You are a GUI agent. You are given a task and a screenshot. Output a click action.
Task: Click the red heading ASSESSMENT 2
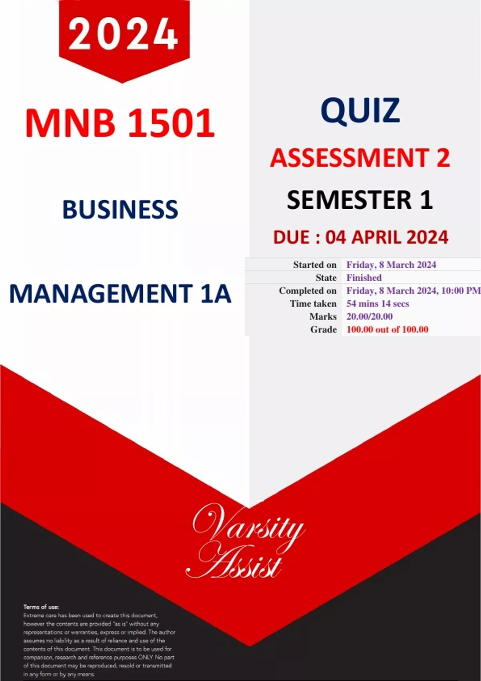pos(360,158)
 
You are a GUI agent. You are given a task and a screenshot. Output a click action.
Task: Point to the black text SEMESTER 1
pos(360,200)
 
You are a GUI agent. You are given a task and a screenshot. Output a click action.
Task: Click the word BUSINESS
pos(120,210)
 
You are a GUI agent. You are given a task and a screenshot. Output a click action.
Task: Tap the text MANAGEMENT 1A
pos(120,294)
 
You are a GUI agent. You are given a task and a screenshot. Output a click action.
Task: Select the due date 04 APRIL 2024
pos(387,237)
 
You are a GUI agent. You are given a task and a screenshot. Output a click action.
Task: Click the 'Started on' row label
pos(315,265)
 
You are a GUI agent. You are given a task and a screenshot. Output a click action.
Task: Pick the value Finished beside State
pos(364,278)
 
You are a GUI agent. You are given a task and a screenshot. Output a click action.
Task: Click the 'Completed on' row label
pos(308,291)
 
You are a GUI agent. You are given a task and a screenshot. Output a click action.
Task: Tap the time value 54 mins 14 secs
pos(378,303)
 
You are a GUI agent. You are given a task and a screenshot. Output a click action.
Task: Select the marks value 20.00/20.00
pos(369,316)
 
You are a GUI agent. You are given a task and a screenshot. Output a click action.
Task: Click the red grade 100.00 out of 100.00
pos(387,329)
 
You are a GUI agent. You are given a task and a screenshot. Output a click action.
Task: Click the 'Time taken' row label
pos(313,303)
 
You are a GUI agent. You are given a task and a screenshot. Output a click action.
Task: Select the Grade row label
pos(323,329)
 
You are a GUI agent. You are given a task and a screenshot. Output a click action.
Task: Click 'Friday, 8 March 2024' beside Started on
pos(391,265)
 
